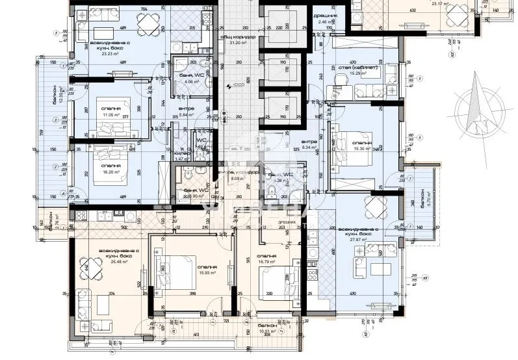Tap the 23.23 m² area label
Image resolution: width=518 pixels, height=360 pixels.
pyautogui.click(x=101, y=54)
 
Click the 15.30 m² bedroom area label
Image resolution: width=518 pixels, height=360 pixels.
pyautogui.click(x=362, y=148)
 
